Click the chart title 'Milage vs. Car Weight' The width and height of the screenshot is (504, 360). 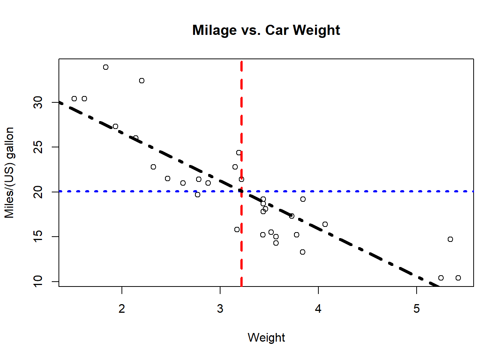click(266, 30)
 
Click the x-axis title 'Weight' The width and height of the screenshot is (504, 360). click(266, 337)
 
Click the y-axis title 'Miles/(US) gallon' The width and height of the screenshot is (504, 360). click(9, 172)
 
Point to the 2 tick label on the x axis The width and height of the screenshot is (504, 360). click(122, 309)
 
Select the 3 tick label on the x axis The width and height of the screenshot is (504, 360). click(220, 309)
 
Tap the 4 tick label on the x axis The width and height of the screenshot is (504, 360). click(318, 309)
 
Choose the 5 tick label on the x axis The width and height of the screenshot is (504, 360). click(417, 309)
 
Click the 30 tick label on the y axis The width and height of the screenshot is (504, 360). click(38, 102)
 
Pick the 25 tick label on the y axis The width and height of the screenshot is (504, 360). click(38, 147)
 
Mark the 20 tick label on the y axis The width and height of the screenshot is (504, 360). click(38, 192)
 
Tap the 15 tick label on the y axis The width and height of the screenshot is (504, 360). click(38, 237)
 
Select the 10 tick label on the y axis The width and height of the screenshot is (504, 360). click(38, 281)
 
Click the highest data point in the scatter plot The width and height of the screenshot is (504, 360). click(106, 67)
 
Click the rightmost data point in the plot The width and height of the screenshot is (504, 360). click(458, 278)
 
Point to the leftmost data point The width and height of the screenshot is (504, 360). click(74, 99)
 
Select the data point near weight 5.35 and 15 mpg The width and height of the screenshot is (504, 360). click(450, 239)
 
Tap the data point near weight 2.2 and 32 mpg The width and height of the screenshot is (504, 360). click(142, 81)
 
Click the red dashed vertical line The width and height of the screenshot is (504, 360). click(241, 112)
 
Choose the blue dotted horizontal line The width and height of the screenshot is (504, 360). click(375, 191)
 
